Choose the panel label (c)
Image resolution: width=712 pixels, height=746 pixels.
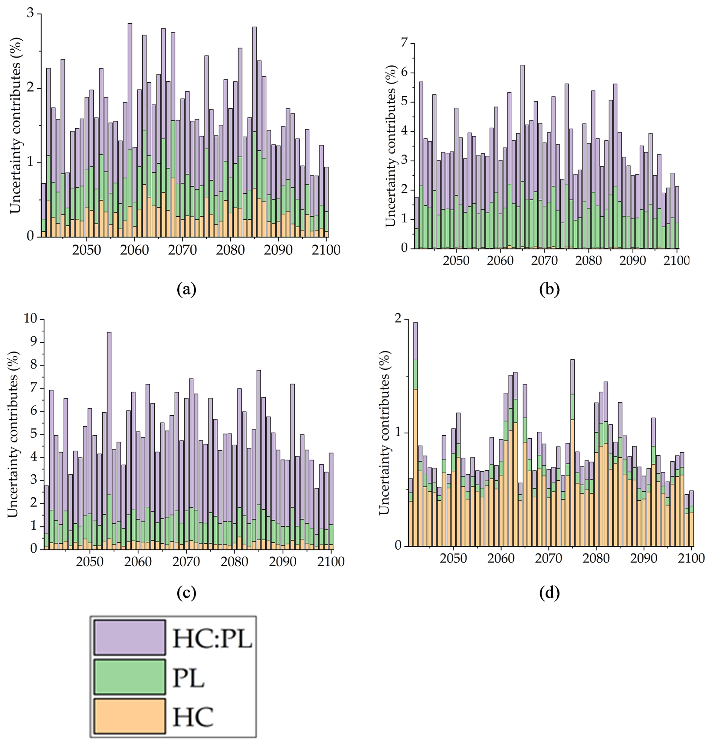[187, 593]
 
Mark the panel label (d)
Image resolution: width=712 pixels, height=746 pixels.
[549, 593]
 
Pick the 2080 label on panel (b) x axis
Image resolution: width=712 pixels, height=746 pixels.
[588, 261]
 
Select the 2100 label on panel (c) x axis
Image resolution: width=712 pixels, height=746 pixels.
[331, 561]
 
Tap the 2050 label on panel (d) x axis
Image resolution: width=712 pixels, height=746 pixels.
[453, 559]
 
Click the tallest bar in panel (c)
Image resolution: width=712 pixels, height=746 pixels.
[109, 440]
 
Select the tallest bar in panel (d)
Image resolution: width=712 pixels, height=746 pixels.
[415, 434]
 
